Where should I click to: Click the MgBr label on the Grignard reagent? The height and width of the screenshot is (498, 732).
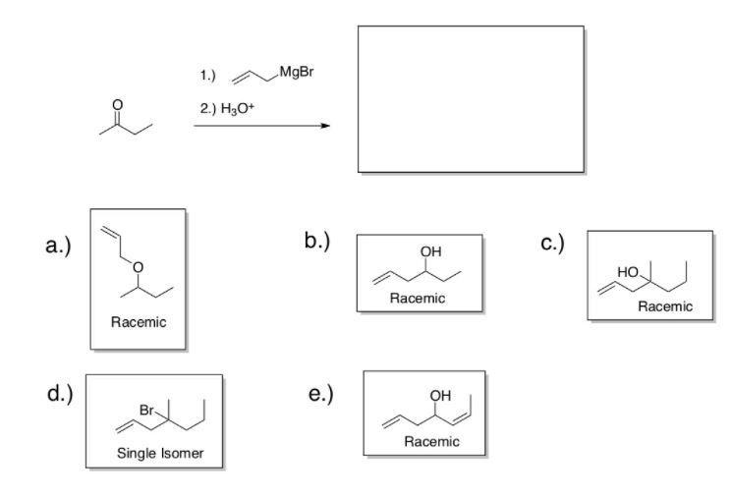[x=299, y=73]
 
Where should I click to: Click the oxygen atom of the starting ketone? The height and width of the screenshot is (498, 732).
[x=118, y=104]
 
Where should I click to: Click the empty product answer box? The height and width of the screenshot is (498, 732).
[x=470, y=99]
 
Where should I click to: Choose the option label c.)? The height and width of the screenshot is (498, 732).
[x=551, y=242]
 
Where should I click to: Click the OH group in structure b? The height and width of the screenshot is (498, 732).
[x=429, y=252]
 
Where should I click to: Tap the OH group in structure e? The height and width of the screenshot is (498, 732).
[x=439, y=397]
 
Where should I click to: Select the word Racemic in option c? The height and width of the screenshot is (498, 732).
[x=665, y=306]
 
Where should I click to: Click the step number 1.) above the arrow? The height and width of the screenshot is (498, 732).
[x=205, y=75]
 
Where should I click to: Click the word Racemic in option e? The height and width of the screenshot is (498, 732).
[x=430, y=441]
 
